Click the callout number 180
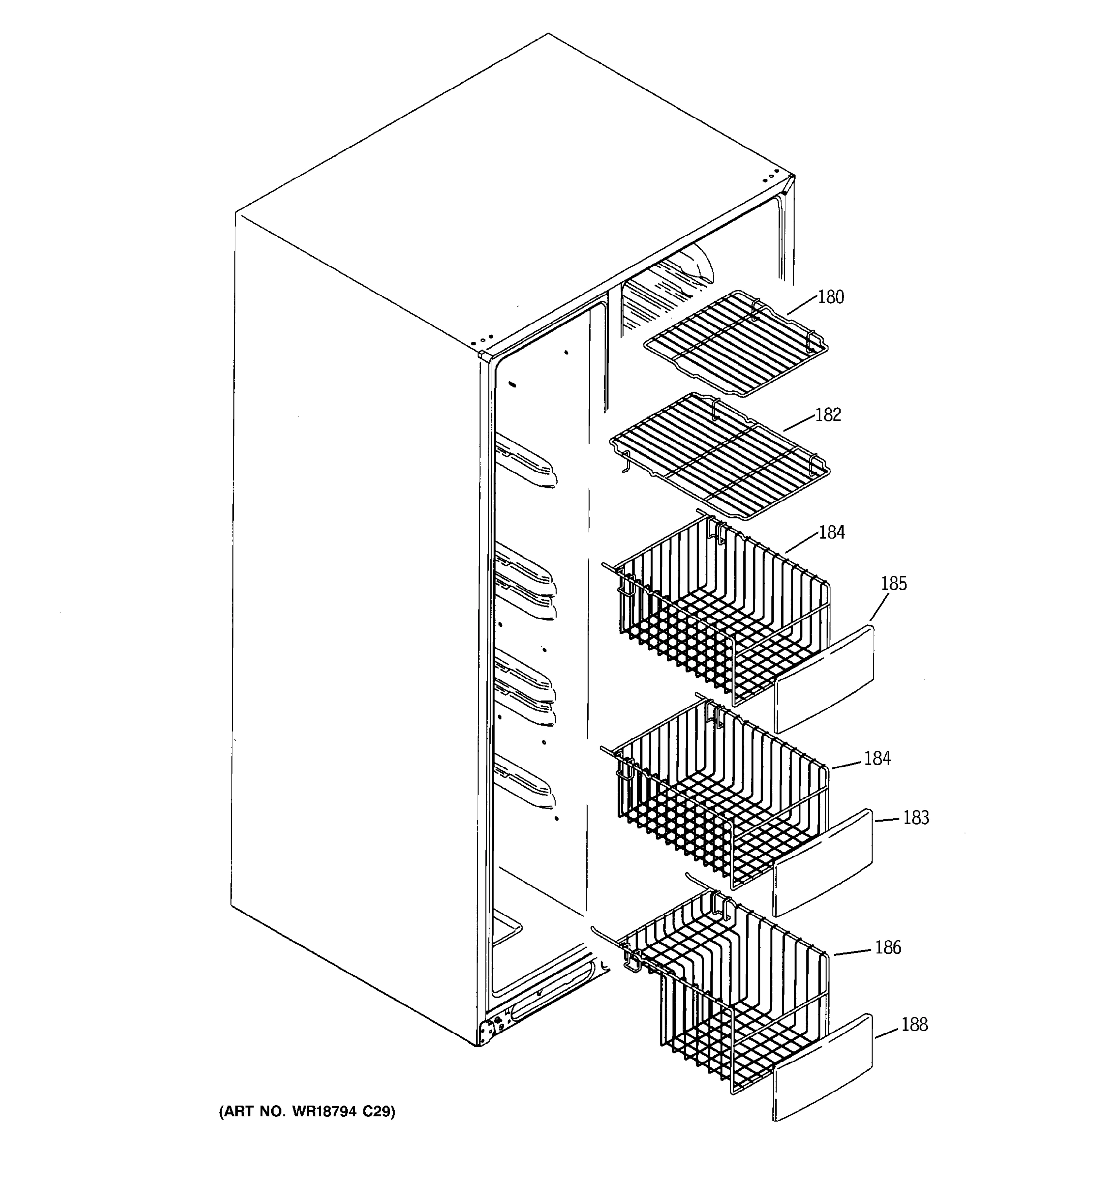click(830, 297)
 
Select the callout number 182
click(828, 414)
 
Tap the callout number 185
click(893, 584)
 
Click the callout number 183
click(916, 818)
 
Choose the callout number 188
click(914, 1025)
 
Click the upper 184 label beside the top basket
click(831, 532)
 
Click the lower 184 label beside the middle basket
click(877, 759)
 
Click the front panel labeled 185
click(826, 679)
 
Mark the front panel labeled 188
click(823, 1068)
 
